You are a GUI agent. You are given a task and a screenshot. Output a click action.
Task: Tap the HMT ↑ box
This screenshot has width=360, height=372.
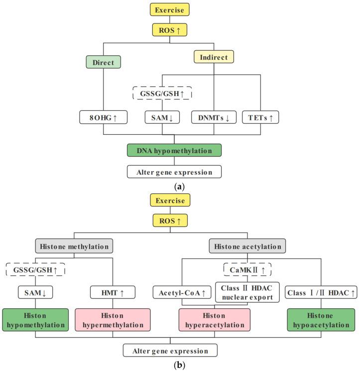coord(114,294)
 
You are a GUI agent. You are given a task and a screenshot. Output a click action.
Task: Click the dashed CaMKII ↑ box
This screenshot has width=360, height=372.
coord(240,270)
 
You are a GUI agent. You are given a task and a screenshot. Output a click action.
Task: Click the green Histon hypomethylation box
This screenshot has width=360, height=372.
coord(36,320)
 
